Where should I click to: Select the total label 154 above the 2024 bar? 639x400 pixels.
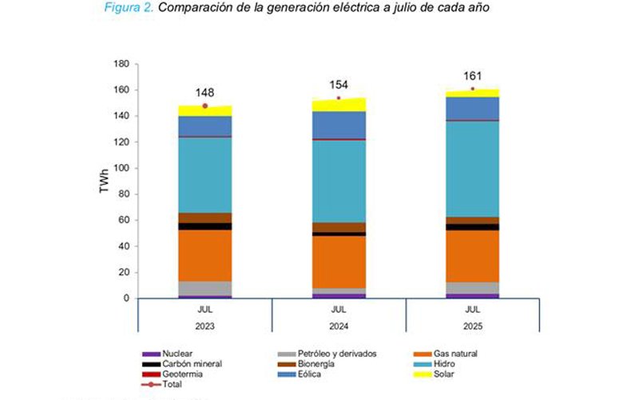(x=338, y=85)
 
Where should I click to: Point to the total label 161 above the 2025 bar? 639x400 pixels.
(x=472, y=77)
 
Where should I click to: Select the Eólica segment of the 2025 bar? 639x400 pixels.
(x=472, y=108)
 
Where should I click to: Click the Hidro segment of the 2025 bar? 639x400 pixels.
(x=472, y=168)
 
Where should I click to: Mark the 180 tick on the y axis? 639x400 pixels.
(x=121, y=64)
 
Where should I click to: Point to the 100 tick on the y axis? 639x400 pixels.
(x=121, y=168)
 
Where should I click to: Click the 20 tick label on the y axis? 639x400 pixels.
(x=123, y=272)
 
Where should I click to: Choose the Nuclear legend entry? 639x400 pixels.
(x=177, y=353)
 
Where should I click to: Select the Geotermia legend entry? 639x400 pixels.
(x=181, y=374)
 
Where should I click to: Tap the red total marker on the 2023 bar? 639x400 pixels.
(x=204, y=106)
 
